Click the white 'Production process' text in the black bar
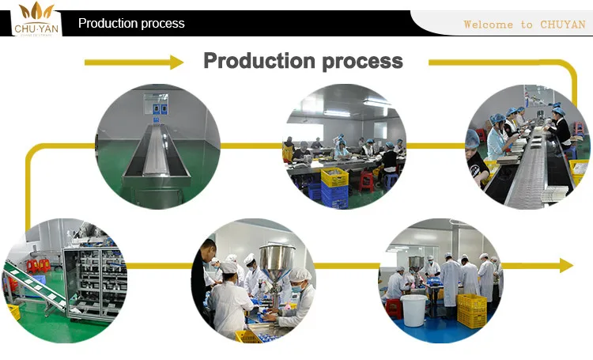(x=131, y=24)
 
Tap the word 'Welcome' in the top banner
(x=487, y=25)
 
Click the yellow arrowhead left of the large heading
(x=176, y=62)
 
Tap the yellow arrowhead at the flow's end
(x=566, y=266)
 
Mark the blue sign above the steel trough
(x=160, y=108)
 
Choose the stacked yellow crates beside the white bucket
(x=472, y=310)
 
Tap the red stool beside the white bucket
(x=393, y=307)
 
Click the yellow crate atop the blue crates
(x=334, y=177)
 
